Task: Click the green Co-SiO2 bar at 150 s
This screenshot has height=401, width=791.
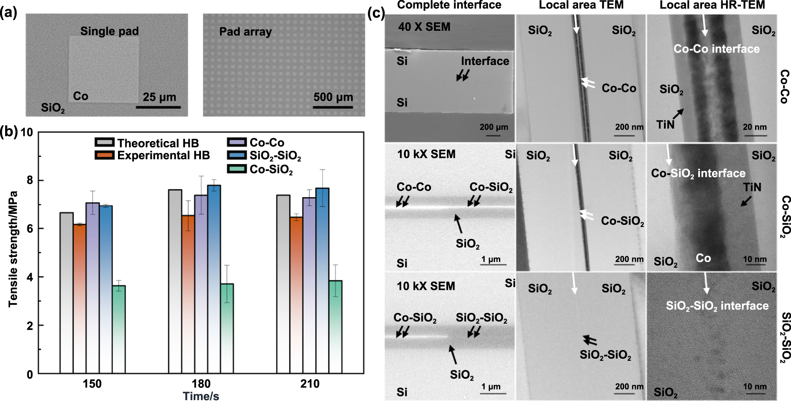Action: pos(118,329)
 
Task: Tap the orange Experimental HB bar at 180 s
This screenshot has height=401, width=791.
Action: pos(188,295)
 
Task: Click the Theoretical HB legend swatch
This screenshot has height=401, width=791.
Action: pos(104,142)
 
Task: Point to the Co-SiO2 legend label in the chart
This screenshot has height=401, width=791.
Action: pos(271,170)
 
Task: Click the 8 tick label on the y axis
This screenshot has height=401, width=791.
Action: pos(29,180)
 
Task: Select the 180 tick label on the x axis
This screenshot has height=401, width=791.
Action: pos(201,383)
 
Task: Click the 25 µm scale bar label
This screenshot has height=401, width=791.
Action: pos(159,97)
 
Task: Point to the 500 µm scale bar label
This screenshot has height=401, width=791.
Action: pos(333,97)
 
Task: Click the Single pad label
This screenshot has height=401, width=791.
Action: pos(109,31)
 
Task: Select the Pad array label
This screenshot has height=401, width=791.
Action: pos(245,32)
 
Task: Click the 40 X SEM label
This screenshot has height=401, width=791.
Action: pos(424,27)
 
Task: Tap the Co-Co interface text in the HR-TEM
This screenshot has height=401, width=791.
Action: pos(717,49)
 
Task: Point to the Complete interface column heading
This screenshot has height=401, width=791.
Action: pos(449,5)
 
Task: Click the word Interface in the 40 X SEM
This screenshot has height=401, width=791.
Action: pos(485,61)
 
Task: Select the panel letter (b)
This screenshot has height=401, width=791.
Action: pos(9,131)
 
